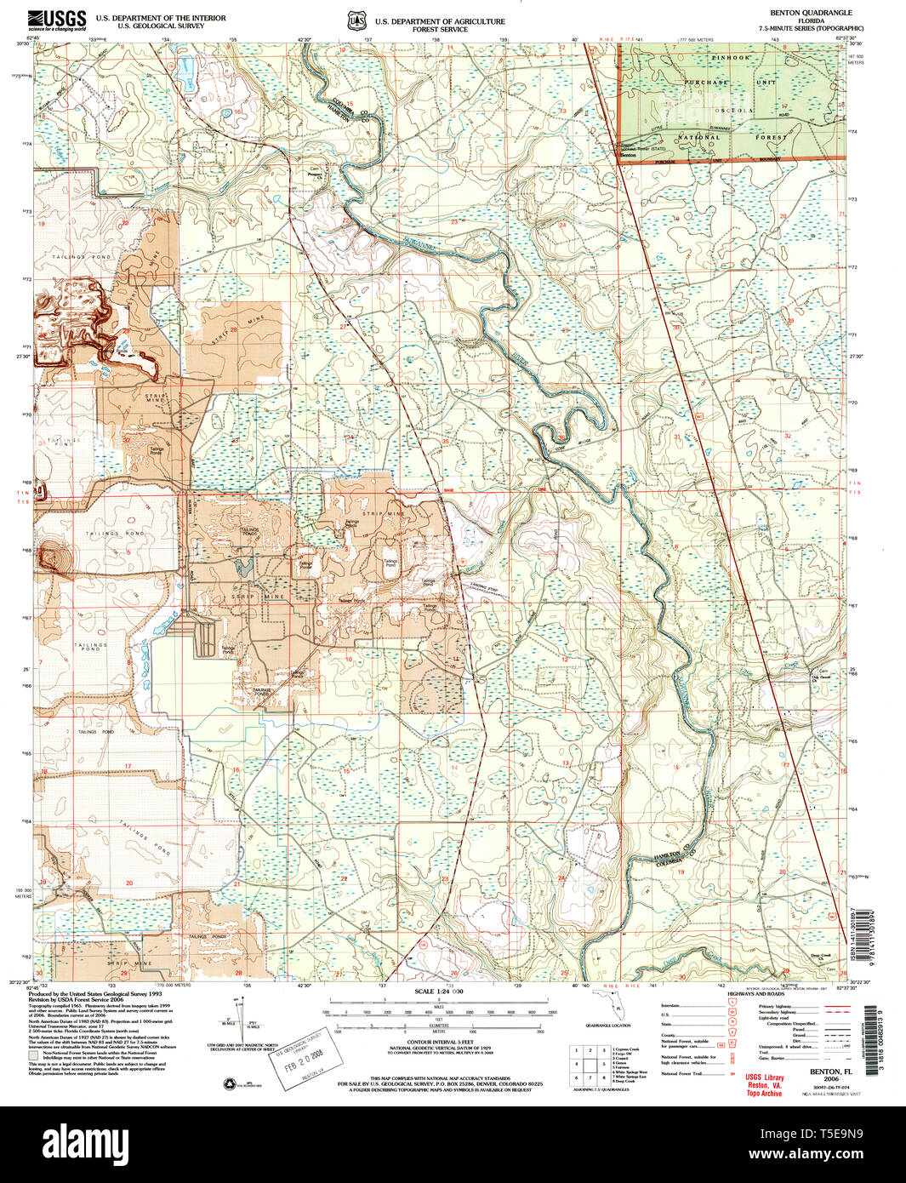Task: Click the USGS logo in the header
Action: point(57,20)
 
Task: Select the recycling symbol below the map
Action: point(228,1083)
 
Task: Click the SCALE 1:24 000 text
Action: point(439,992)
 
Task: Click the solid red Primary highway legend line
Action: point(833,1006)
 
